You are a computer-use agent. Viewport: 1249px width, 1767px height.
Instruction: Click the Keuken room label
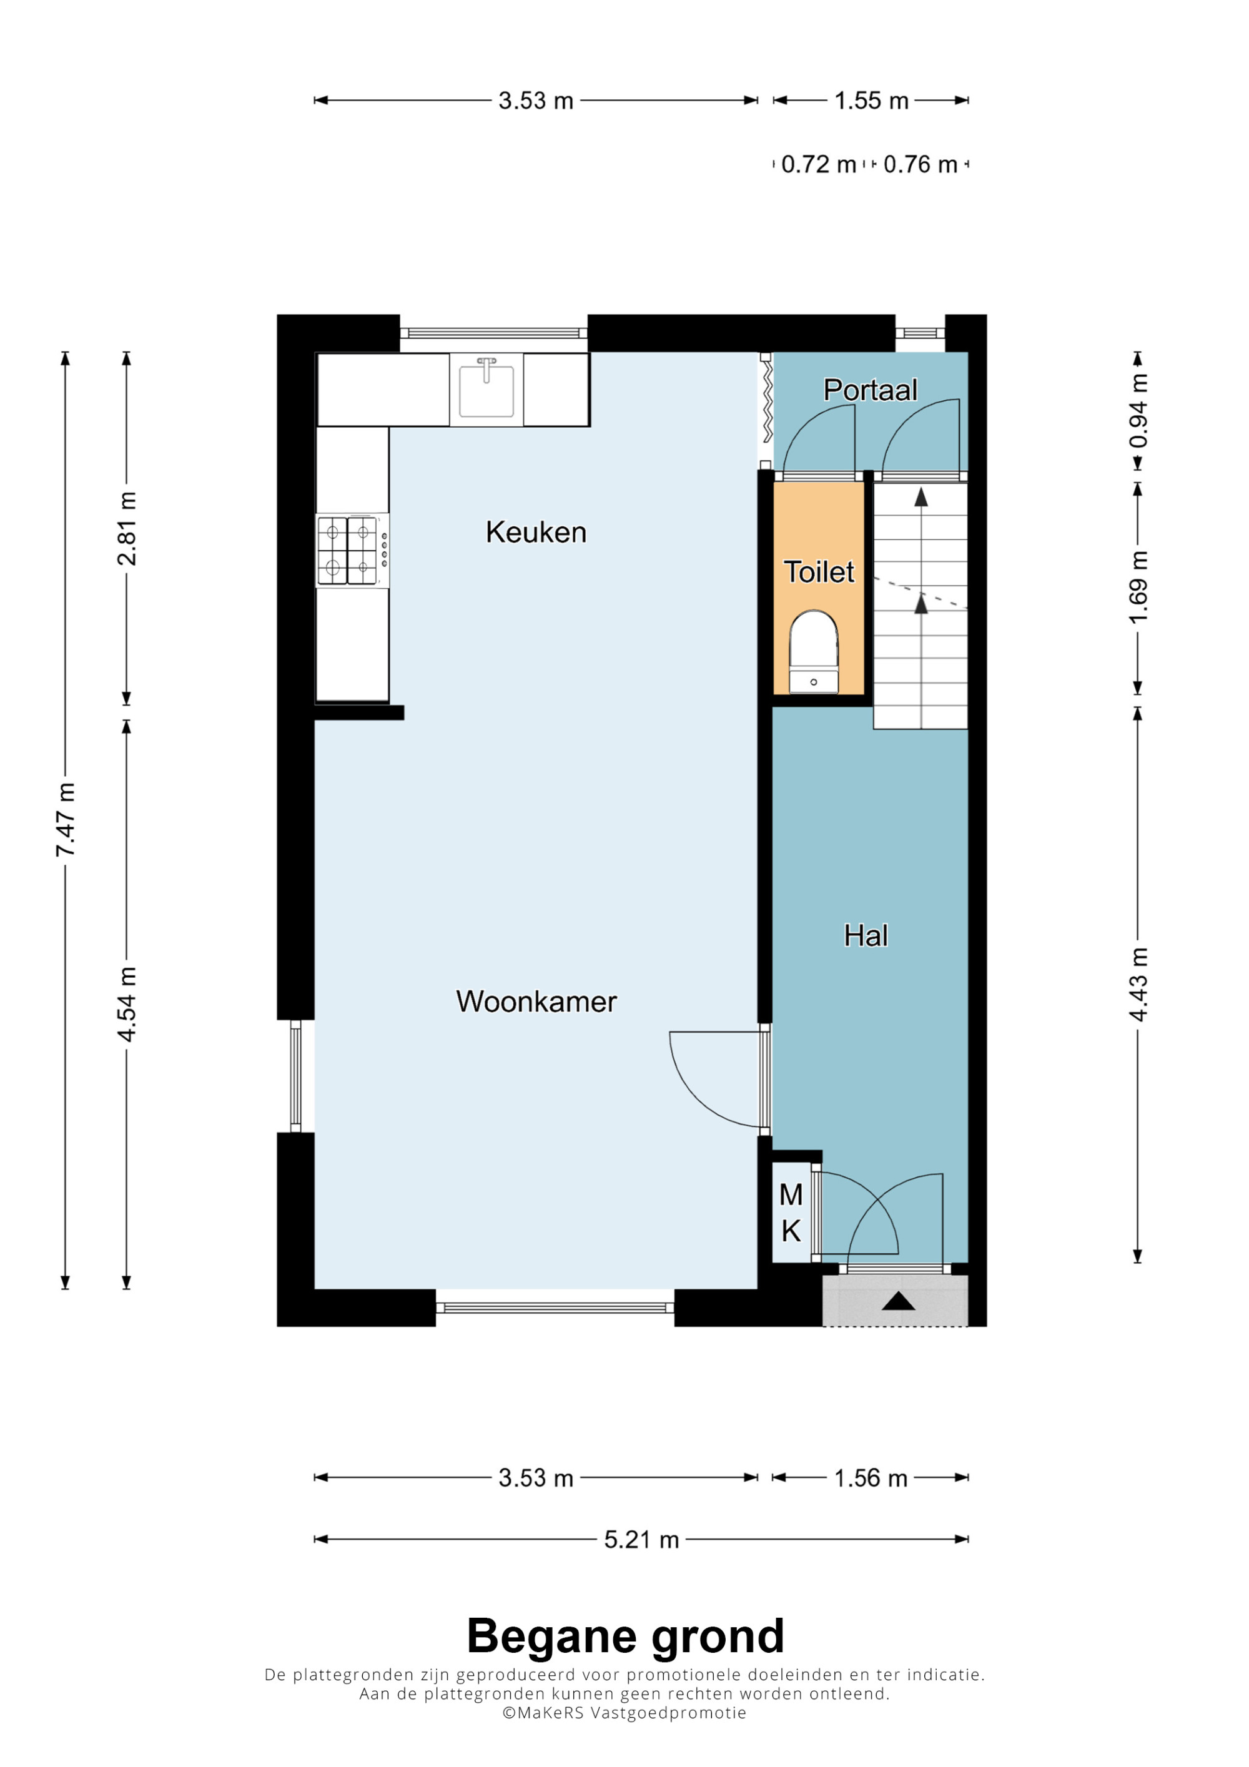[536, 533]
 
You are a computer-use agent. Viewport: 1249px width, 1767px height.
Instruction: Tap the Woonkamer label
[536, 1002]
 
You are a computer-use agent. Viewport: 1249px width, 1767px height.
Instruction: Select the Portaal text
[871, 390]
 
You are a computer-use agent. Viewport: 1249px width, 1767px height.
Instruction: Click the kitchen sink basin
[486, 390]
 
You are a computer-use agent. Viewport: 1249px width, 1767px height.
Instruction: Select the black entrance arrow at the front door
[898, 1301]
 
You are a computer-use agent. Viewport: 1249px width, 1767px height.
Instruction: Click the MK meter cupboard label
[791, 1214]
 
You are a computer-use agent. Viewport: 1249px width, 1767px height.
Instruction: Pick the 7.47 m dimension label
[66, 820]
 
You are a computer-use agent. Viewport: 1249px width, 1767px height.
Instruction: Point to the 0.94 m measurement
[1138, 410]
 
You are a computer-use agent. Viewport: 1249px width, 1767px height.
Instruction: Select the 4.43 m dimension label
[1138, 985]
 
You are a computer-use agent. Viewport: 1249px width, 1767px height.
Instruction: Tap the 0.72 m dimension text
[818, 165]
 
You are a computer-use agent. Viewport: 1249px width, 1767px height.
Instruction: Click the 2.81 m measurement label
[127, 529]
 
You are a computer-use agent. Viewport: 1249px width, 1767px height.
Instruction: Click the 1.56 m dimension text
[871, 1479]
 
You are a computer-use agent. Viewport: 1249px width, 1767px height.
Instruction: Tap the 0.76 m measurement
[921, 165]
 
